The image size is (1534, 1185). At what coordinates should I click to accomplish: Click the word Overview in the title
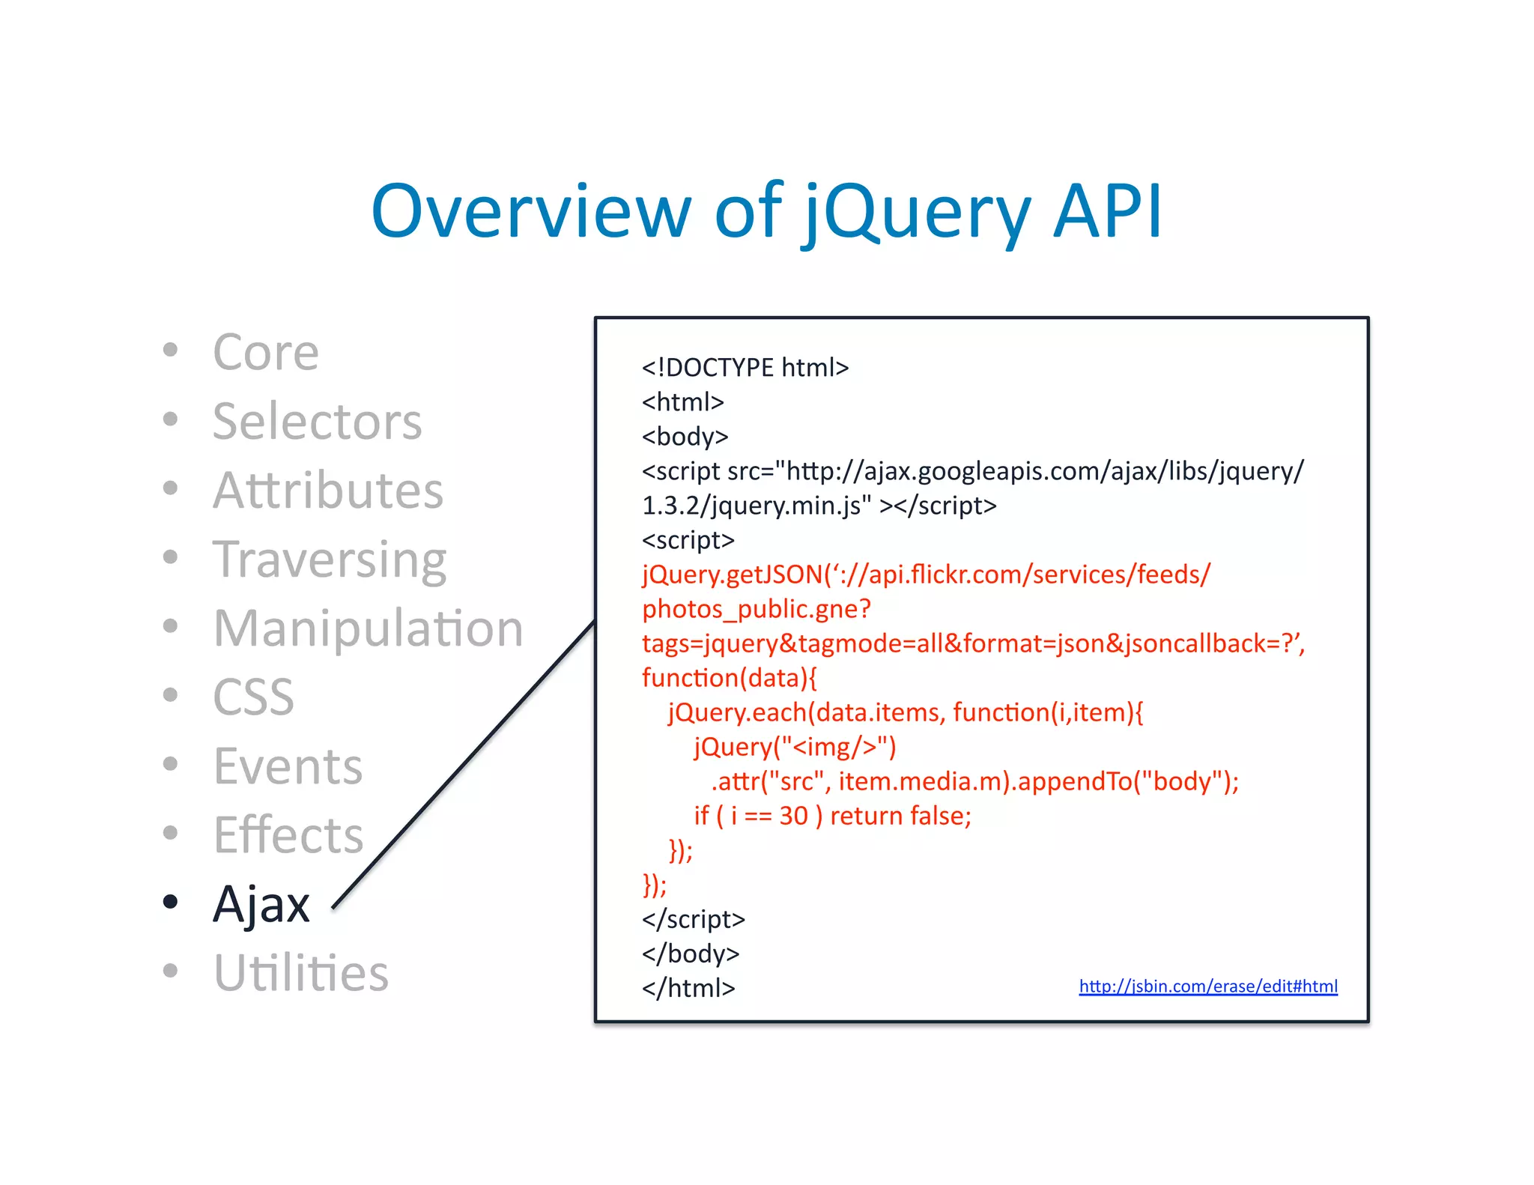(x=530, y=212)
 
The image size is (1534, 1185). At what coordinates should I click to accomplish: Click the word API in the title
(x=1107, y=212)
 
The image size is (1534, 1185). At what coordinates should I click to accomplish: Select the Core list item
(x=266, y=352)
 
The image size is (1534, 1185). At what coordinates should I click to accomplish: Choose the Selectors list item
(x=317, y=421)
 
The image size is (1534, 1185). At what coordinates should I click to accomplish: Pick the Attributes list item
(x=328, y=491)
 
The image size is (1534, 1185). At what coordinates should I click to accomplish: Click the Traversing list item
(x=330, y=560)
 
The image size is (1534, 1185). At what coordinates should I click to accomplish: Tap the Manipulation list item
(x=368, y=628)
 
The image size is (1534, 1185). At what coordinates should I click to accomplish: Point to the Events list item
(x=288, y=766)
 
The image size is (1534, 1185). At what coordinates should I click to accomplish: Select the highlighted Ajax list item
(x=261, y=904)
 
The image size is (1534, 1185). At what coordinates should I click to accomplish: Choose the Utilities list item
(x=301, y=973)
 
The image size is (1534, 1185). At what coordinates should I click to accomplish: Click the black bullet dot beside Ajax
(x=171, y=901)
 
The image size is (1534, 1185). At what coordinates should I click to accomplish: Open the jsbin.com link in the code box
(x=1207, y=987)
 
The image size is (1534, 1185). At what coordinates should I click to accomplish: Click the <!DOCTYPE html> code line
(x=745, y=368)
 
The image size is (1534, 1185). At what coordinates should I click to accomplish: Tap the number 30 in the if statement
(x=793, y=816)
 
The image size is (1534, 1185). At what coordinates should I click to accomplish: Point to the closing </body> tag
(x=690, y=954)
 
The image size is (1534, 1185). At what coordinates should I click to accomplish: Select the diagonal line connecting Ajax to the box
(x=464, y=764)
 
